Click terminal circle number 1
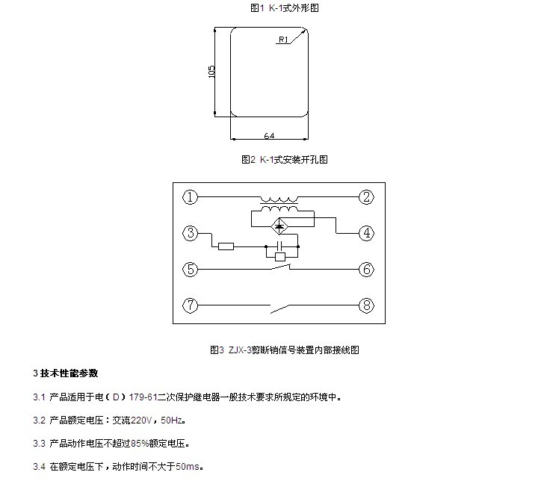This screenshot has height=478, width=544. [190, 197]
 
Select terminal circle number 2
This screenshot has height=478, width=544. [366, 197]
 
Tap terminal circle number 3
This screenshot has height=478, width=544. [190, 233]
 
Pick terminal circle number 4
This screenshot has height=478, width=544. [366, 233]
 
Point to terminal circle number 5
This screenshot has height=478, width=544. [190, 269]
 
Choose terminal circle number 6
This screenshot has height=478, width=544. [366, 269]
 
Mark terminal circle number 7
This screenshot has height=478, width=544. [190, 305]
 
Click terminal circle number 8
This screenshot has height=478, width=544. [366, 305]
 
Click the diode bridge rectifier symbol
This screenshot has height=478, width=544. [279, 226]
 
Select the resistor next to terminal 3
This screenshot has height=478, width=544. [226, 246]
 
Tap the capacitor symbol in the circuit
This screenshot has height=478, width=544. [279, 246]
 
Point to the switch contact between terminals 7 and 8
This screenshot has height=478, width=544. [279, 308]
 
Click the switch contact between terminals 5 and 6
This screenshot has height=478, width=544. [280, 267]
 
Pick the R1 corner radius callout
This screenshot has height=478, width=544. [283, 40]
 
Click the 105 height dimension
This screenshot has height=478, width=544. [211, 72]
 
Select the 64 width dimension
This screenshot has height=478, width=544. [269, 135]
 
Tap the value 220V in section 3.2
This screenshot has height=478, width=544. [141, 420]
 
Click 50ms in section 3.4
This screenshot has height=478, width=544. [188, 467]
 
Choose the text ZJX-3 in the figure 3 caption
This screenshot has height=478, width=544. [240, 350]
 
